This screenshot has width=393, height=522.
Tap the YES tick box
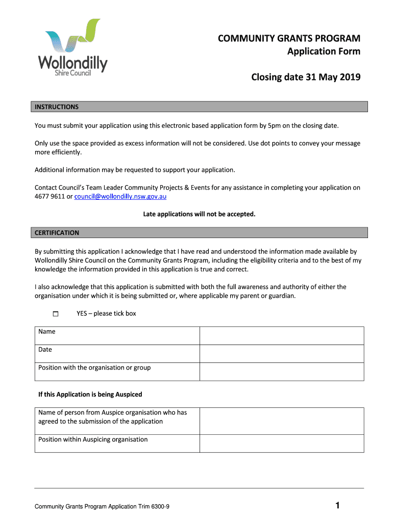55,314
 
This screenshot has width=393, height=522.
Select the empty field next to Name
281,335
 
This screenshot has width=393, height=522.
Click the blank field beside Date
281,354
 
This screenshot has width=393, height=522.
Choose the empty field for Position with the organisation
281,372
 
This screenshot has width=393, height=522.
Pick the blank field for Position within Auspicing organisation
281,443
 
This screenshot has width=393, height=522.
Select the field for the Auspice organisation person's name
281,421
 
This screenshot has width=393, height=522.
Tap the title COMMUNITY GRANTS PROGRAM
289,39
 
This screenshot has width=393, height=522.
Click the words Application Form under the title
324,51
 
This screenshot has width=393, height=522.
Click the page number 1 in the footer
337,506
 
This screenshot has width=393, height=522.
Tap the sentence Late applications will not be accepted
199,214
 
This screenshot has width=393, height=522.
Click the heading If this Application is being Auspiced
90,395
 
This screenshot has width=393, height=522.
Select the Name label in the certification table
47,332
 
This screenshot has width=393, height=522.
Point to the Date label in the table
45,350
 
